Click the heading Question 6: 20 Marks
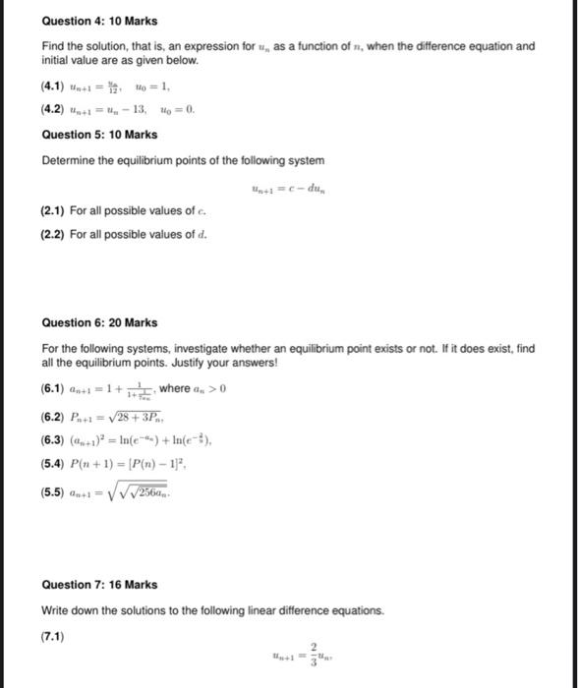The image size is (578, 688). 99,322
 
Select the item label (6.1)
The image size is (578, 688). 55,388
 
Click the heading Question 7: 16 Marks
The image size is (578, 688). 99,584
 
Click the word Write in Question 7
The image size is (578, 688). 56,610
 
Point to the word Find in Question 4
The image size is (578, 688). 53,46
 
